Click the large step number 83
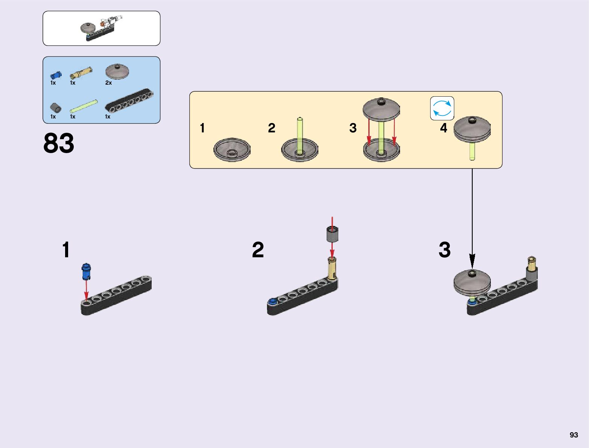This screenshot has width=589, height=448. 59,143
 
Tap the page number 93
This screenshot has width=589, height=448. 574,435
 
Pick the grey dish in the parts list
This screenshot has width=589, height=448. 117,71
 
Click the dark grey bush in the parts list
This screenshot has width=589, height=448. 56,108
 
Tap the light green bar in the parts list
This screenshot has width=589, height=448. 84,106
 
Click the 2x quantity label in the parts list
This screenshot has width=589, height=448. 108,83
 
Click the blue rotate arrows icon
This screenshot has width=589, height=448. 442,108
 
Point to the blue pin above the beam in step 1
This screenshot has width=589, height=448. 86,272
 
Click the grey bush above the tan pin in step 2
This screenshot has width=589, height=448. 332,234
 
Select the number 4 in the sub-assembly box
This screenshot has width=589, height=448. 444,128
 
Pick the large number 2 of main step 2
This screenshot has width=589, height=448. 258,250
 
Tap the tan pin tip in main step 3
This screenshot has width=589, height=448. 531,260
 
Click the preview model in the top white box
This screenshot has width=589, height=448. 101,28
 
